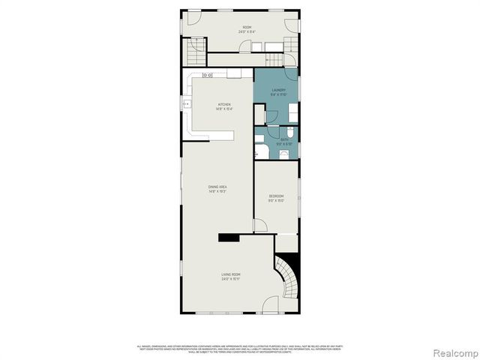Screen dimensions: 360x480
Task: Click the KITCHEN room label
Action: [224, 104]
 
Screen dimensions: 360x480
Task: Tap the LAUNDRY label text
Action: [278, 90]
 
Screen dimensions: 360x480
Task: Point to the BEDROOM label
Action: [277, 196]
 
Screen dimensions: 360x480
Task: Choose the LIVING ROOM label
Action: [230, 274]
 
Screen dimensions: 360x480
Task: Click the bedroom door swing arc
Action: [259, 225]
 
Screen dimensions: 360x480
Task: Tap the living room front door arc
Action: [271, 306]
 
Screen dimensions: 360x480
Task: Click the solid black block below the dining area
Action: [229, 237]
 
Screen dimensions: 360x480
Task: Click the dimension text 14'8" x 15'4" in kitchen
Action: [224, 109]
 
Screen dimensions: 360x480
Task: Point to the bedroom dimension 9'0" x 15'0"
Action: [277, 201]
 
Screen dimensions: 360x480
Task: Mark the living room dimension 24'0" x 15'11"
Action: [230, 279]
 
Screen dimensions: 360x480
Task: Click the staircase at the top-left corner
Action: [195, 52]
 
